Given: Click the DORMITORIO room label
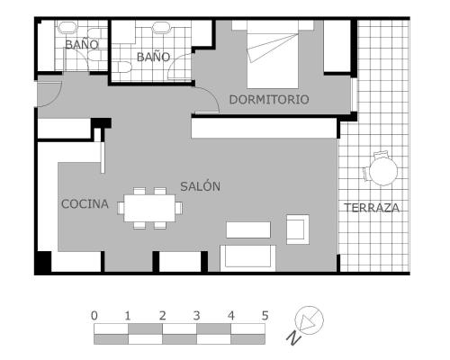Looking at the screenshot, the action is click(x=269, y=100).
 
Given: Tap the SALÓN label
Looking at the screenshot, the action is click(x=201, y=186).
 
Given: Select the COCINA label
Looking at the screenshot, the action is click(x=85, y=204).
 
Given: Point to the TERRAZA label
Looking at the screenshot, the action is click(x=372, y=208).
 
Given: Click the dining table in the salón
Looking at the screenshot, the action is click(x=149, y=208).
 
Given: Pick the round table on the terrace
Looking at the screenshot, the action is click(x=383, y=171).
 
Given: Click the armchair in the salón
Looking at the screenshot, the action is click(x=298, y=229).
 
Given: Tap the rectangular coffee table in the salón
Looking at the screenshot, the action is click(x=248, y=229).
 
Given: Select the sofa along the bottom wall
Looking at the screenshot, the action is click(x=247, y=258).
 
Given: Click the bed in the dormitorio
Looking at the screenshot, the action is click(x=273, y=55).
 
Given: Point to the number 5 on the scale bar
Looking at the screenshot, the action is click(x=265, y=316).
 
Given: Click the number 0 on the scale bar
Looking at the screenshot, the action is click(x=94, y=316).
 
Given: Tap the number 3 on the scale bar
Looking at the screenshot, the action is click(x=196, y=316).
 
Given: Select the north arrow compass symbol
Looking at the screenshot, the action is click(x=309, y=320).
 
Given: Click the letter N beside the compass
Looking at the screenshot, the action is click(x=293, y=337).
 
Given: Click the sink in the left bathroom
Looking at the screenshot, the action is click(x=67, y=28).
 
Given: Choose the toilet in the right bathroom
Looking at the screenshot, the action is click(x=124, y=67).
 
